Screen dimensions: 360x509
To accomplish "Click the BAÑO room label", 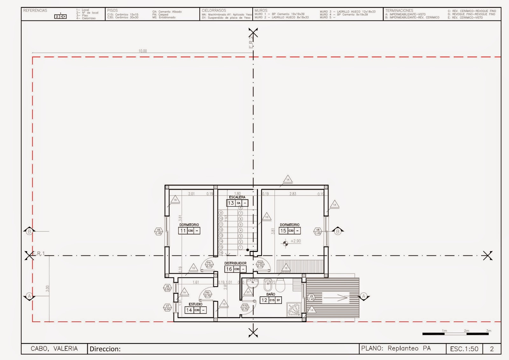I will (271, 294).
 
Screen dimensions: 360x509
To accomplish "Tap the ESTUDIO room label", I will (195, 304).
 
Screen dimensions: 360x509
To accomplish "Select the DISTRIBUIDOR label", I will (235, 263).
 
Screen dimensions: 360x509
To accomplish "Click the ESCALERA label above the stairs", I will (237, 197).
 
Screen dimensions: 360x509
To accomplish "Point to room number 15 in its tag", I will (283, 231).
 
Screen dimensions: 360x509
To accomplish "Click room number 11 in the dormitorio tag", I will (183, 231).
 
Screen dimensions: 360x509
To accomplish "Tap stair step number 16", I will (221, 253).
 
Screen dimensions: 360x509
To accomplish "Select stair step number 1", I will (241, 247).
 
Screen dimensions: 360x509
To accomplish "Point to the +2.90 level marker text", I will (296, 241).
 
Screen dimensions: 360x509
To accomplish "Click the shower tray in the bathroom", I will (294, 309).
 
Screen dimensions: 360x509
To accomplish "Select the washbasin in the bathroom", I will (252, 282).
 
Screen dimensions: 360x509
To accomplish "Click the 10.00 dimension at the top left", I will (143, 51).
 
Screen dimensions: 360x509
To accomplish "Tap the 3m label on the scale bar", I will (488, 331).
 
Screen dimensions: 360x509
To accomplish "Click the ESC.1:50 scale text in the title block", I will (464, 349).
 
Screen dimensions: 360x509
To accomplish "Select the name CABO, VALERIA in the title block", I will (54, 349).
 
